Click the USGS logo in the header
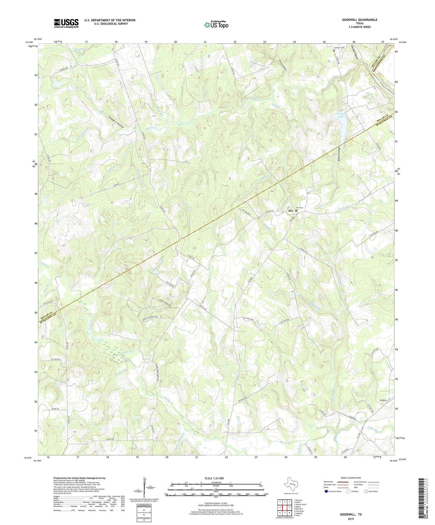(x=66, y=23)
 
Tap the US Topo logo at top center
(x=216, y=25)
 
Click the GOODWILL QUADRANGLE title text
(x=359, y=20)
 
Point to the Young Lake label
(x=340, y=115)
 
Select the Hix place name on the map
(x=291, y=211)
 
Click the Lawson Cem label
(x=338, y=48)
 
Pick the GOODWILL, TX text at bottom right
(x=351, y=514)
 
